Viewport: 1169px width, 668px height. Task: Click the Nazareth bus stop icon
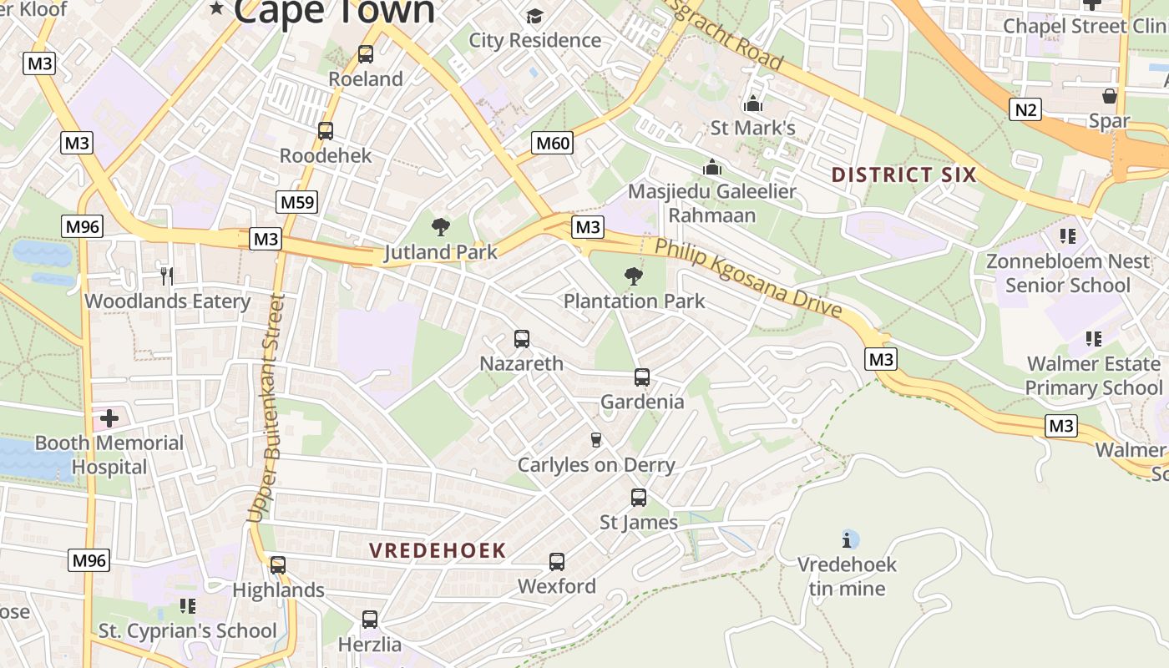pyautogui.click(x=522, y=339)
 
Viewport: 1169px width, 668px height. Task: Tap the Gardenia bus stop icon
pyautogui.click(x=642, y=377)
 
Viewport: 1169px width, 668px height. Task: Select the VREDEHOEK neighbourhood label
pyautogui.click(x=438, y=550)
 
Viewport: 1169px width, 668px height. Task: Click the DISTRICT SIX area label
pyautogui.click(x=903, y=175)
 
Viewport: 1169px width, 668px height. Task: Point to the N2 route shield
pyautogui.click(x=1025, y=109)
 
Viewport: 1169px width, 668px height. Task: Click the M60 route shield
pyautogui.click(x=553, y=143)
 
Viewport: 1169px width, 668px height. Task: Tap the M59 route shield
pyautogui.click(x=297, y=201)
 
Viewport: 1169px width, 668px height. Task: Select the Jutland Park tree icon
pyautogui.click(x=441, y=227)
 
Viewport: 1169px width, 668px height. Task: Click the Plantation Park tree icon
pyautogui.click(x=634, y=276)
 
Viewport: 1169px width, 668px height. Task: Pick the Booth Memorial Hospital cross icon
pyautogui.click(x=109, y=417)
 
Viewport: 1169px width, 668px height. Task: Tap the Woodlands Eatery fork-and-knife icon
pyautogui.click(x=167, y=276)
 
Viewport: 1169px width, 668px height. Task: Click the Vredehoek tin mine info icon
pyautogui.click(x=849, y=539)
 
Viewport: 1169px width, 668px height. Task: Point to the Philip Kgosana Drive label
pyautogui.click(x=747, y=278)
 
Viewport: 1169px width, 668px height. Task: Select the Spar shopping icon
pyautogui.click(x=1109, y=97)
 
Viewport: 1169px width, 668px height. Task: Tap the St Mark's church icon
pyautogui.click(x=752, y=104)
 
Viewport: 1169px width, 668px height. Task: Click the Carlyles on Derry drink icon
pyautogui.click(x=596, y=440)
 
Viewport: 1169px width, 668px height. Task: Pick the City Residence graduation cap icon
pyautogui.click(x=534, y=16)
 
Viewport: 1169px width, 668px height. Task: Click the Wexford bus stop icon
pyautogui.click(x=557, y=562)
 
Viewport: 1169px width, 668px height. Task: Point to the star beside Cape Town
pyautogui.click(x=217, y=8)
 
